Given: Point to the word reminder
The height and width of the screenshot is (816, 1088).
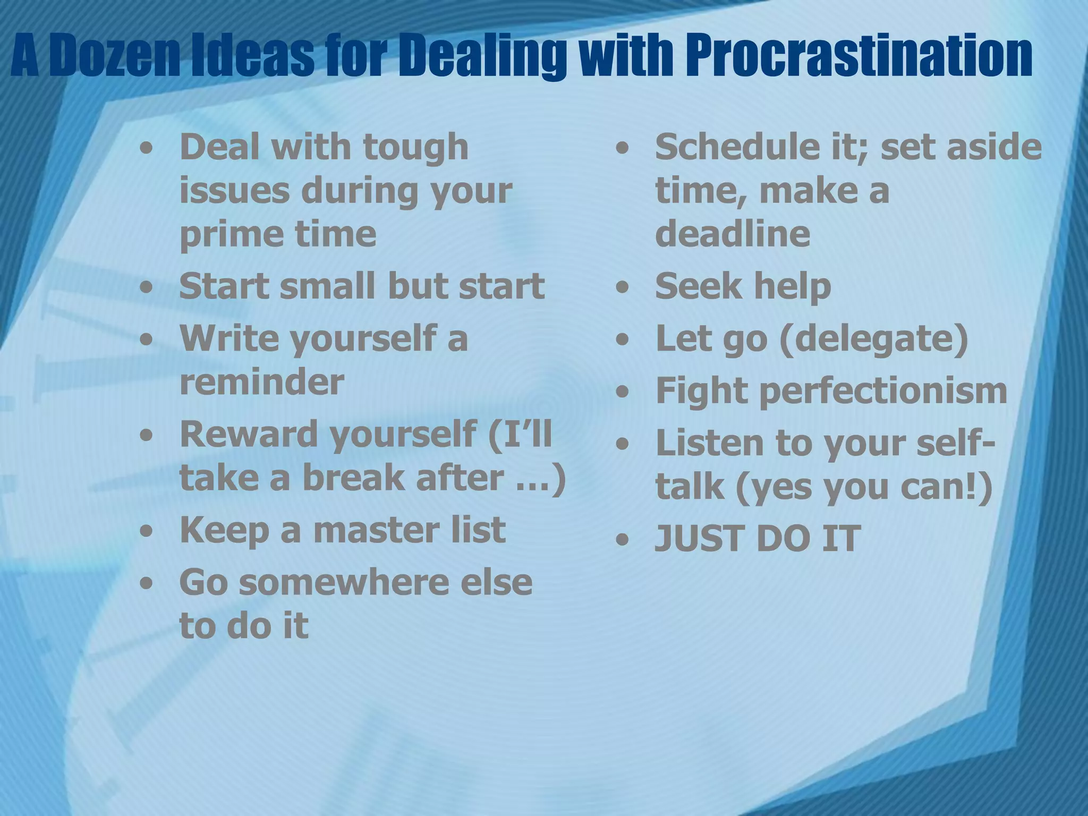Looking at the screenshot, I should [262, 382].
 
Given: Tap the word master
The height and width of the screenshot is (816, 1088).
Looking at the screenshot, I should [377, 530].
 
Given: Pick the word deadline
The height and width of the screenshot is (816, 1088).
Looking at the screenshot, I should [733, 234].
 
